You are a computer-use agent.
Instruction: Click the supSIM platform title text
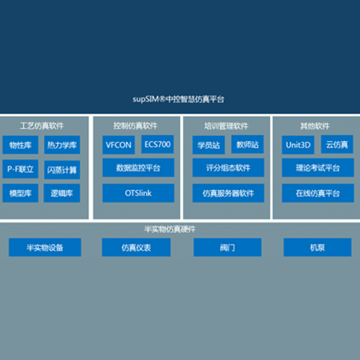point(179,99)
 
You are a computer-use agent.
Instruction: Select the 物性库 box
point(20,145)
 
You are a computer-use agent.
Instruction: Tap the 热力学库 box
point(62,145)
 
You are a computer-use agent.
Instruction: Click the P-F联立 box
point(20,169)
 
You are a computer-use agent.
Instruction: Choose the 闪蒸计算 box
point(62,170)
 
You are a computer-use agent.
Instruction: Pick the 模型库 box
point(20,193)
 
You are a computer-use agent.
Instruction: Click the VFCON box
point(119,145)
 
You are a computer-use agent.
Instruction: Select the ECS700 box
point(158,144)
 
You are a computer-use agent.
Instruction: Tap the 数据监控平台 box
point(138,168)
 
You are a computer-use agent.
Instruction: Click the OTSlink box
point(138,193)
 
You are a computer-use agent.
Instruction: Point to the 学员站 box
point(209,145)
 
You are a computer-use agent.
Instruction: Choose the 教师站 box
point(248,144)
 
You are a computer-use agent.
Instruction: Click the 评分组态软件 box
point(228,168)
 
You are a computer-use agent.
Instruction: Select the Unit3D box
point(298,145)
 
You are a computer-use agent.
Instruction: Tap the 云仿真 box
point(337,144)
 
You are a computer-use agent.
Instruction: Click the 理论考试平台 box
point(318,168)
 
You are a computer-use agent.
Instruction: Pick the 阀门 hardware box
point(228,247)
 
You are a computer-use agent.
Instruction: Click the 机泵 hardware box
point(318,247)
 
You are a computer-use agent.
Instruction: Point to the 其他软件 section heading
point(315,126)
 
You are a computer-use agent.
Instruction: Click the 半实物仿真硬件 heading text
point(170,229)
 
